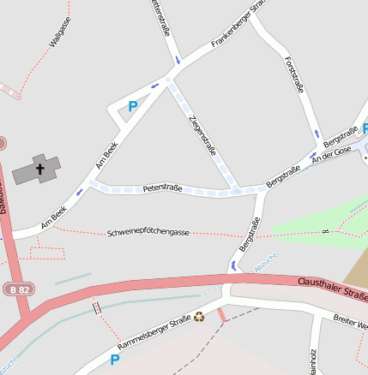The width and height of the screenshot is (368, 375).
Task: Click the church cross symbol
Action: click(x=40, y=170)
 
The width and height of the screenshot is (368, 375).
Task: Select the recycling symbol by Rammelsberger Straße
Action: click(x=199, y=317)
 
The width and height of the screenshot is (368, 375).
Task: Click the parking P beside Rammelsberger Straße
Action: click(x=114, y=360)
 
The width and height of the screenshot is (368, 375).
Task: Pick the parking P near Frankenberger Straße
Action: click(x=132, y=107)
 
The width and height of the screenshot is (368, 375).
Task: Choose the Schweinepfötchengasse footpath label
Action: click(x=148, y=232)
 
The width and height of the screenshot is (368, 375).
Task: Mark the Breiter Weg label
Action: click(x=350, y=323)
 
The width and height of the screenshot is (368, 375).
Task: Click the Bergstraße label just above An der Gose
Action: click(x=340, y=137)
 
